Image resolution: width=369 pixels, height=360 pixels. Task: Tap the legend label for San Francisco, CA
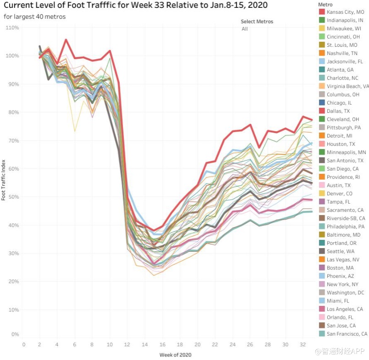pyautogui.click(x=347, y=334)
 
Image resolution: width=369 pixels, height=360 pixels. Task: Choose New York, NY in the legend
pyautogui.click(x=342, y=284)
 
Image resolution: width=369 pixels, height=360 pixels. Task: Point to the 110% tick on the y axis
pyautogui.click(x=12, y=28)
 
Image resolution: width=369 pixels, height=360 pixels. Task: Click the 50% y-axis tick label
pyautogui.click(x=13, y=197)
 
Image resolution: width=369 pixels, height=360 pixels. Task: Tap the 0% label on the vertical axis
pyautogui.click(x=15, y=334)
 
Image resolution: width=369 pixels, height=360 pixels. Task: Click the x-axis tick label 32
pyautogui.click(x=302, y=344)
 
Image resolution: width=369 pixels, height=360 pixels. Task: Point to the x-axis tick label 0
pyautogui.click(x=23, y=344)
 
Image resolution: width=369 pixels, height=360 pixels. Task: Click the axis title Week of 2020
pyautogui.click(x=175, y=354)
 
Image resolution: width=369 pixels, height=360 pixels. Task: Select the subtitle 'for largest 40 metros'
pyautogui.click(x=34, y=17)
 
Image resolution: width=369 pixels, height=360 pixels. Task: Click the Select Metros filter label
pyautogui.click(x=257, y=22)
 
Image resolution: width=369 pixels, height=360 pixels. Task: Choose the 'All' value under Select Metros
pyautogui.click(x=245, y=29)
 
